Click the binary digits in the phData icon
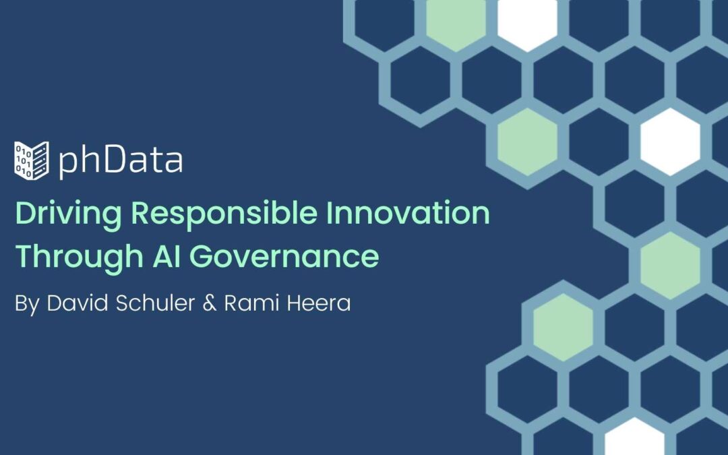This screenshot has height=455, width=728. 23,160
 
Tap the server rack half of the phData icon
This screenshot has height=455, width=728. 40,160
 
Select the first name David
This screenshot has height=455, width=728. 77,303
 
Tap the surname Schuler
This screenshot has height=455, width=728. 155,303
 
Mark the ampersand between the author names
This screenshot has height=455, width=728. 210,303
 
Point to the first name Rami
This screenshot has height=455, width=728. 251,303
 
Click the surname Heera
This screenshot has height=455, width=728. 318,303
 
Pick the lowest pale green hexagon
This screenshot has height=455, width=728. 563,328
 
